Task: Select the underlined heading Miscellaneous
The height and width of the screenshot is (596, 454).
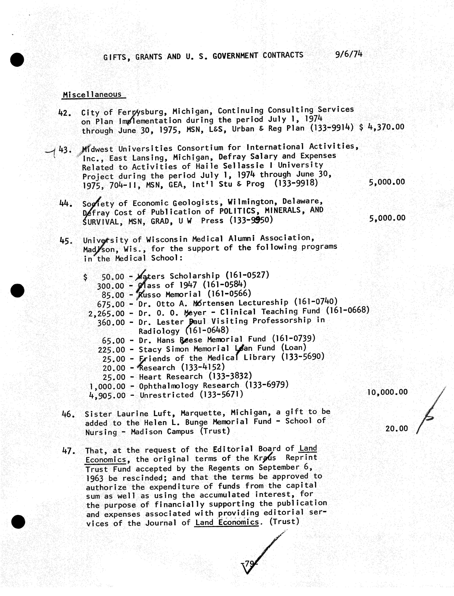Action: [92, 95]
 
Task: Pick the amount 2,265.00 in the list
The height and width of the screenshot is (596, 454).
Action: [106, 314]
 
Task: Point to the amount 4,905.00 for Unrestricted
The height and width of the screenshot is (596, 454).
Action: [107, 396]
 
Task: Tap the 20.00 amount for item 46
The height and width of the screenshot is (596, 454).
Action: [396, 429]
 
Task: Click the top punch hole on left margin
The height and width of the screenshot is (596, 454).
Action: [17, 59]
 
